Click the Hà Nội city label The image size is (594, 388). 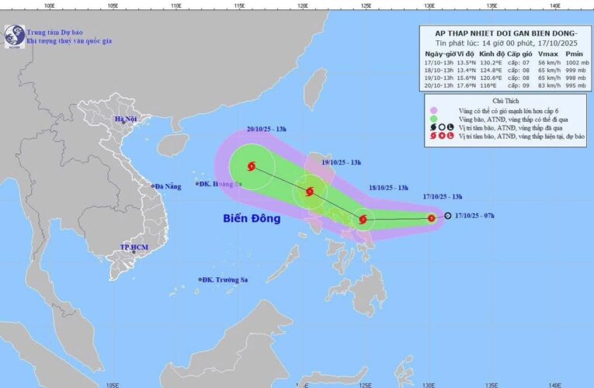[126, 120]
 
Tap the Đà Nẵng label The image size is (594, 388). [167, 186]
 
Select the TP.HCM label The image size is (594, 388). [134, 247]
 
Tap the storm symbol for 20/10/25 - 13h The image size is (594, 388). [251, 165]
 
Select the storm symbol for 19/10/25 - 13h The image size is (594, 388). [309, 192]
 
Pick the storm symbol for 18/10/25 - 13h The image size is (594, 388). [363, 220]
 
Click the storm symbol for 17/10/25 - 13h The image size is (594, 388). [431, 219]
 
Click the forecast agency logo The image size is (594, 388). [13, 35]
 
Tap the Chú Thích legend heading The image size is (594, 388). [503, 102]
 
